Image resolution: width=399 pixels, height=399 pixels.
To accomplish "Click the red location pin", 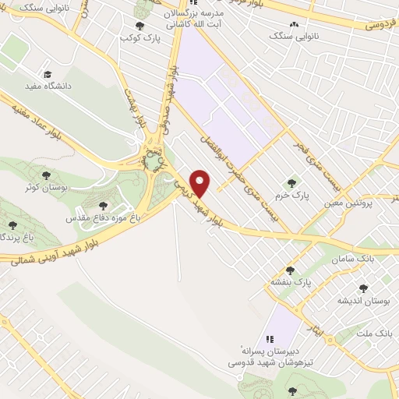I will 201,182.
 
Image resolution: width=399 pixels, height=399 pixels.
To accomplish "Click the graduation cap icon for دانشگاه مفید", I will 48,73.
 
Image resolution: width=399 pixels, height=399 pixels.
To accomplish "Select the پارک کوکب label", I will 146,37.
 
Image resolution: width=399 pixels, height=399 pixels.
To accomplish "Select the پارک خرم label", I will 295,195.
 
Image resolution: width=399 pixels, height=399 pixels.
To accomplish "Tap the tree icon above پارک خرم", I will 291,182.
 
